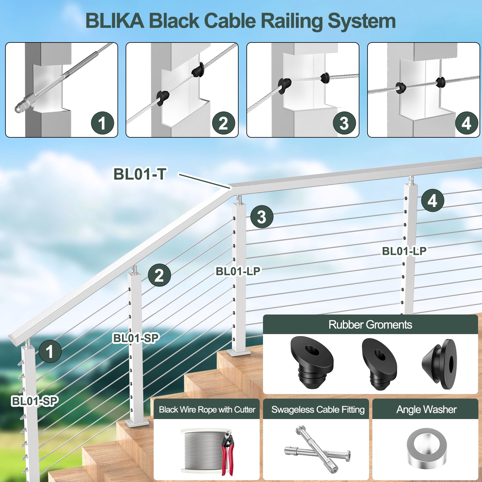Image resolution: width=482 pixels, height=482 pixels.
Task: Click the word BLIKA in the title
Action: point(115,21)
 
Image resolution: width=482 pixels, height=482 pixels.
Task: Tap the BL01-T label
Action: point(139,174)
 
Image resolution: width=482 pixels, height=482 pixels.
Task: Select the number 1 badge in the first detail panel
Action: point(102,123)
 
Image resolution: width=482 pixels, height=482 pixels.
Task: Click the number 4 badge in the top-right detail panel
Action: point(466,123)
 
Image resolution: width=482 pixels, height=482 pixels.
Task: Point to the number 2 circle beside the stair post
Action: point(159,275)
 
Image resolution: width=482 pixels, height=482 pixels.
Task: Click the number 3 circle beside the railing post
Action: point(262,217)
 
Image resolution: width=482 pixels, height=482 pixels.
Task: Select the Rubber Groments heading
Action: point(370,325)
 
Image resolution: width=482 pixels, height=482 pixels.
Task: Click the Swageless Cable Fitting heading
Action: point(318,410)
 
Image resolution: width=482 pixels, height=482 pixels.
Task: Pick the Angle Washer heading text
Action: point(426,410)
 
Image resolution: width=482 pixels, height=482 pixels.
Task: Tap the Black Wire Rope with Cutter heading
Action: point(207,410)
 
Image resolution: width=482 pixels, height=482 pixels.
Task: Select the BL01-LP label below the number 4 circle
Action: point(404,251)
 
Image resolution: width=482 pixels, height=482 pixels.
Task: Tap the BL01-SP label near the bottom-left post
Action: point(35,401)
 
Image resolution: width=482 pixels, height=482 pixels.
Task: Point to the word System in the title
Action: point(361,21)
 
